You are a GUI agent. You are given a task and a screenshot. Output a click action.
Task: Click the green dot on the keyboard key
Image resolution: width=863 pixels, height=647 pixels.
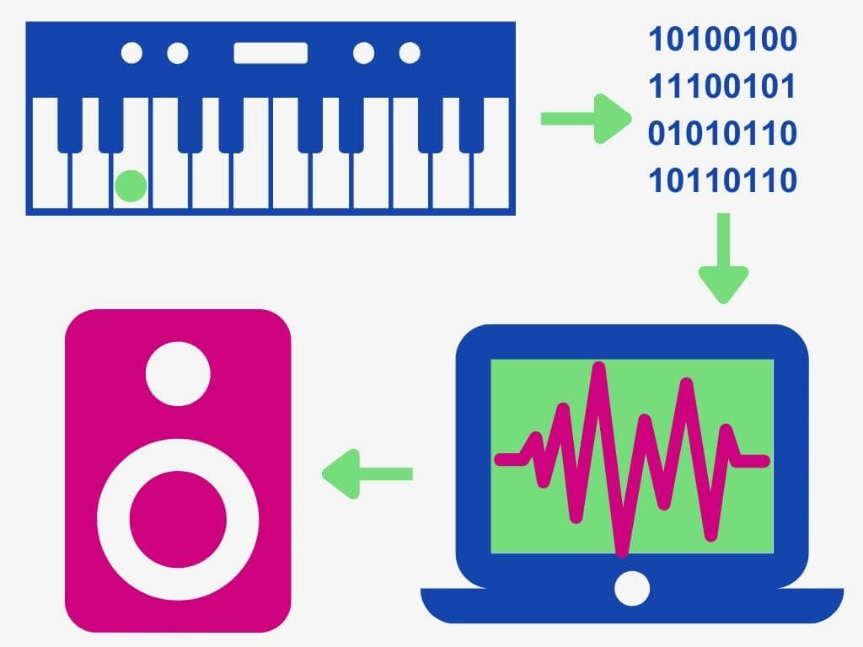[x=131, y=186]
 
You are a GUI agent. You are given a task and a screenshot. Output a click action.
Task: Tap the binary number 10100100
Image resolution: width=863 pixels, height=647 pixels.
[x=721, y=40]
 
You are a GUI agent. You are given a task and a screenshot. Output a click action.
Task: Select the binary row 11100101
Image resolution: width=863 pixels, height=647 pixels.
[x=721, y=86]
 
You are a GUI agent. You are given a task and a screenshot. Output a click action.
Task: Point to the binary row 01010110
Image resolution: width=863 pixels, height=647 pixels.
[x=721, y=133]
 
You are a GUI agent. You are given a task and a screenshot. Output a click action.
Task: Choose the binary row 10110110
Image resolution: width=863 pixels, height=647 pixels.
[x=721, y=180]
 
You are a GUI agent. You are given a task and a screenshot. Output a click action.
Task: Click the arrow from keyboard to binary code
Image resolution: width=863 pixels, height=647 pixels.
[x=585, y=118]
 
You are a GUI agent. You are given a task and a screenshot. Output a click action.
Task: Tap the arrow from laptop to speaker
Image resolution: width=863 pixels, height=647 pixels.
[x=367, y=473]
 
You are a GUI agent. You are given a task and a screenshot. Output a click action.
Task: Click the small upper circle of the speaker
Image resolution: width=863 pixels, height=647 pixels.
[x=178, y=373]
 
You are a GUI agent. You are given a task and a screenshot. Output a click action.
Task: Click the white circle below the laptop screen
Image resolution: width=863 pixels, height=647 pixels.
[x=632, y=588]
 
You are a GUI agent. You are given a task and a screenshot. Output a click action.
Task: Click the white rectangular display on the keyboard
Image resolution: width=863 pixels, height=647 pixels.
[x=271, y=53]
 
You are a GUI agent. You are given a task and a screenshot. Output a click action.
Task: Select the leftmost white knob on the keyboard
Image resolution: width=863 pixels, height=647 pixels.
[x=131, y=53]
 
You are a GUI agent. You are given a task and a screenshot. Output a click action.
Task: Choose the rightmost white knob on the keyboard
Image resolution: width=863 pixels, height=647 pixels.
[x=410, y=53]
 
